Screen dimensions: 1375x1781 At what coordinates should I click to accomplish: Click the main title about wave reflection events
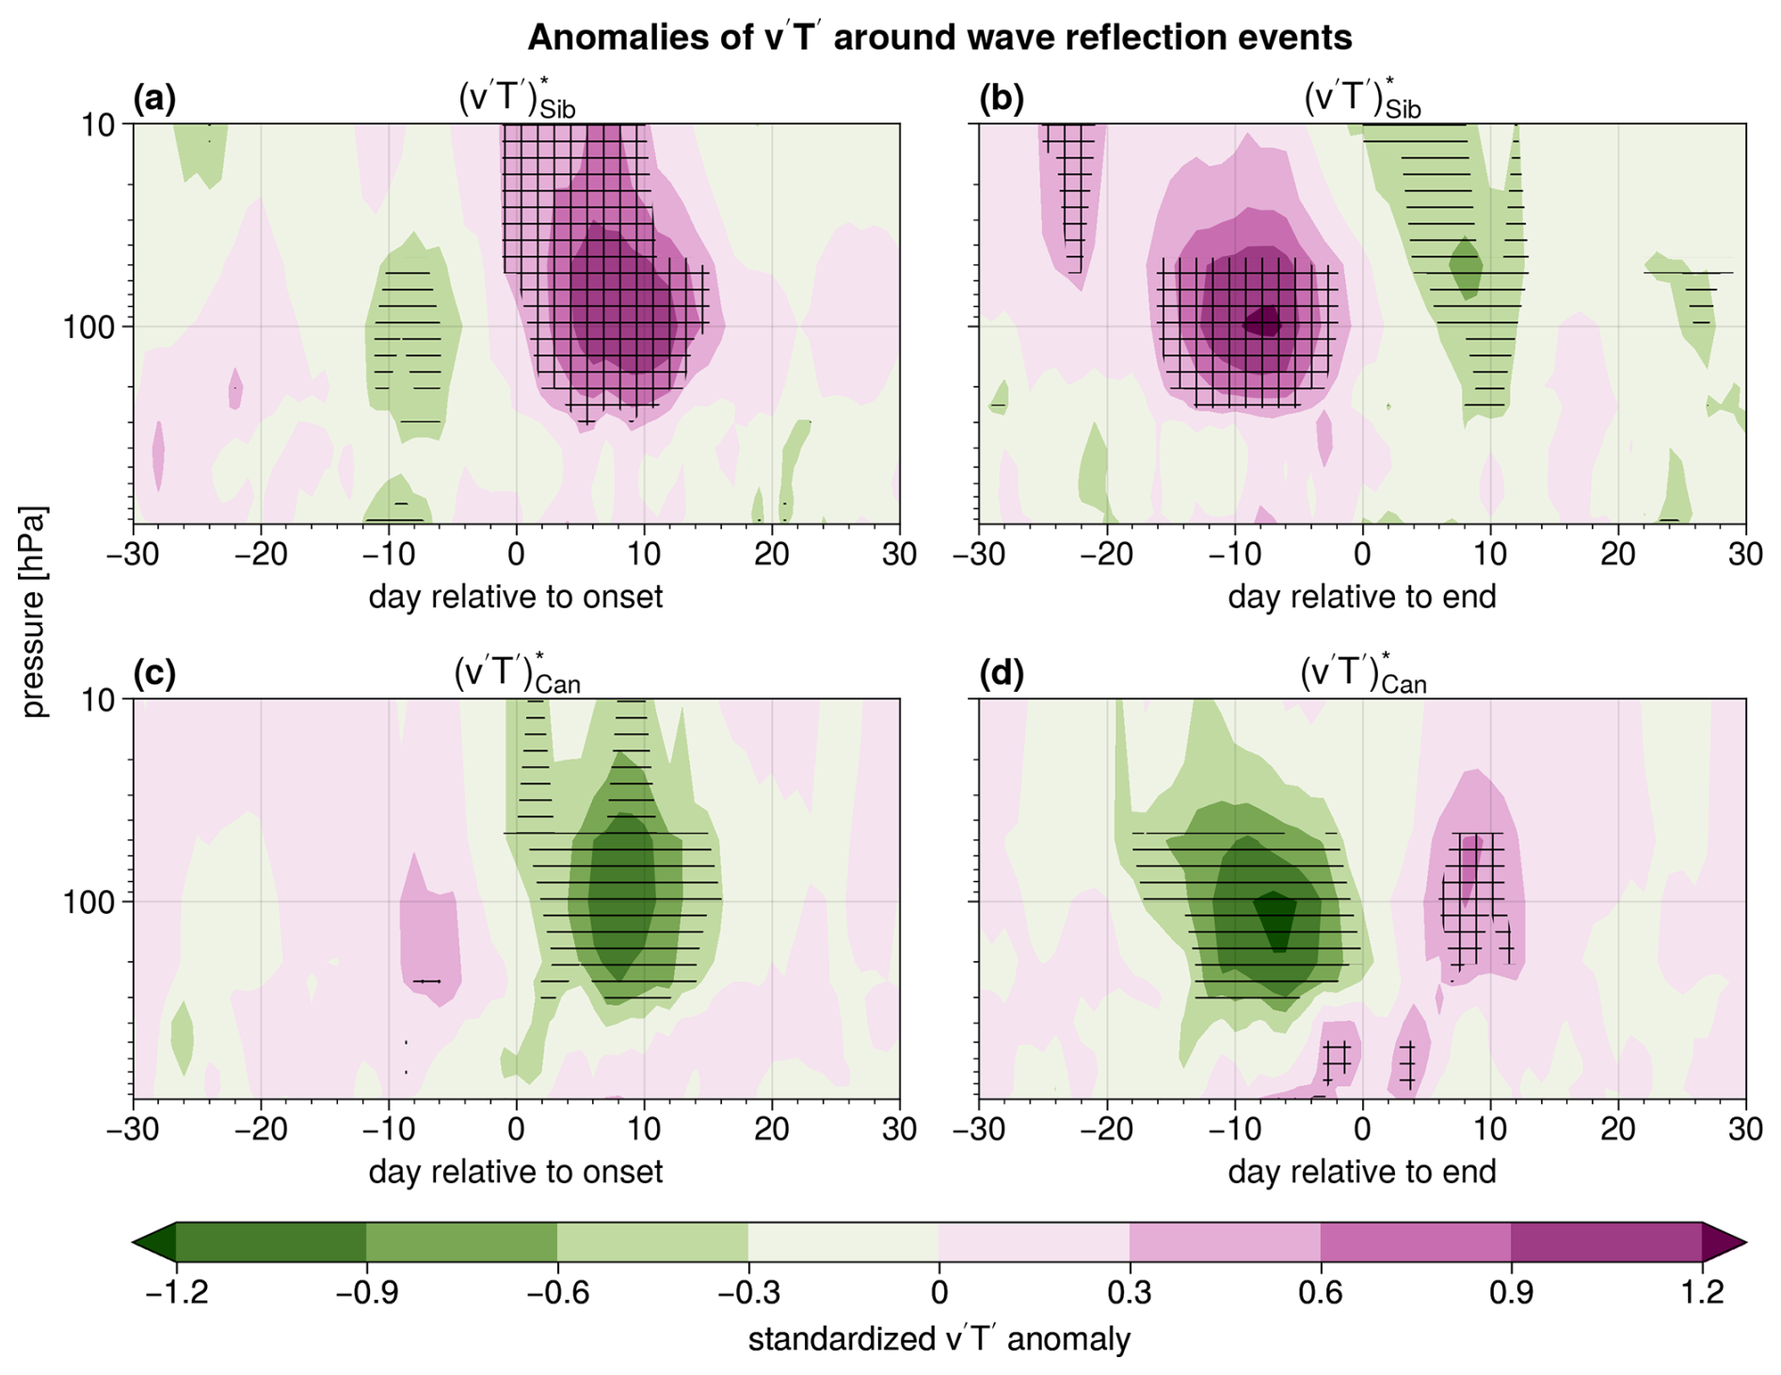[939, 38]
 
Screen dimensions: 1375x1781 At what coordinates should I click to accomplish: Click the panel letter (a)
[154, 99]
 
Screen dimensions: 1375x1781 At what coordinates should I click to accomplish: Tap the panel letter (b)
[1001, 99]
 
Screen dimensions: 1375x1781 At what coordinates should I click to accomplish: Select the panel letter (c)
[154, 674]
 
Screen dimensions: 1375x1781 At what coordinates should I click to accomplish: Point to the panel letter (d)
[1001, 674]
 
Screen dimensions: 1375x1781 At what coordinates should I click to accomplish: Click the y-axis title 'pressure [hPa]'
[34, 612]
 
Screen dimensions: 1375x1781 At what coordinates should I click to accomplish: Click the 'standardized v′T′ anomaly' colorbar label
[939, 1339]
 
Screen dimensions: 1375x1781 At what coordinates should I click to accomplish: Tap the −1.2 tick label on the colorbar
[176, 1292]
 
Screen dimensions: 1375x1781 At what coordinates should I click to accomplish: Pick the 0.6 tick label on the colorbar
[1320, 1292]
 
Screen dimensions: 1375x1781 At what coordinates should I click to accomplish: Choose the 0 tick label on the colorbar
[939, 1292]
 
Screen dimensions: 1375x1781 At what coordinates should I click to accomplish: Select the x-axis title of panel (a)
[515, 597]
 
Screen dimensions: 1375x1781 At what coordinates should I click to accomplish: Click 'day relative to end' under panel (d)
[1361, 1172]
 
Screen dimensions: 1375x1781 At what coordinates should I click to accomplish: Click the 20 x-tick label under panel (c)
[772, 1128]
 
